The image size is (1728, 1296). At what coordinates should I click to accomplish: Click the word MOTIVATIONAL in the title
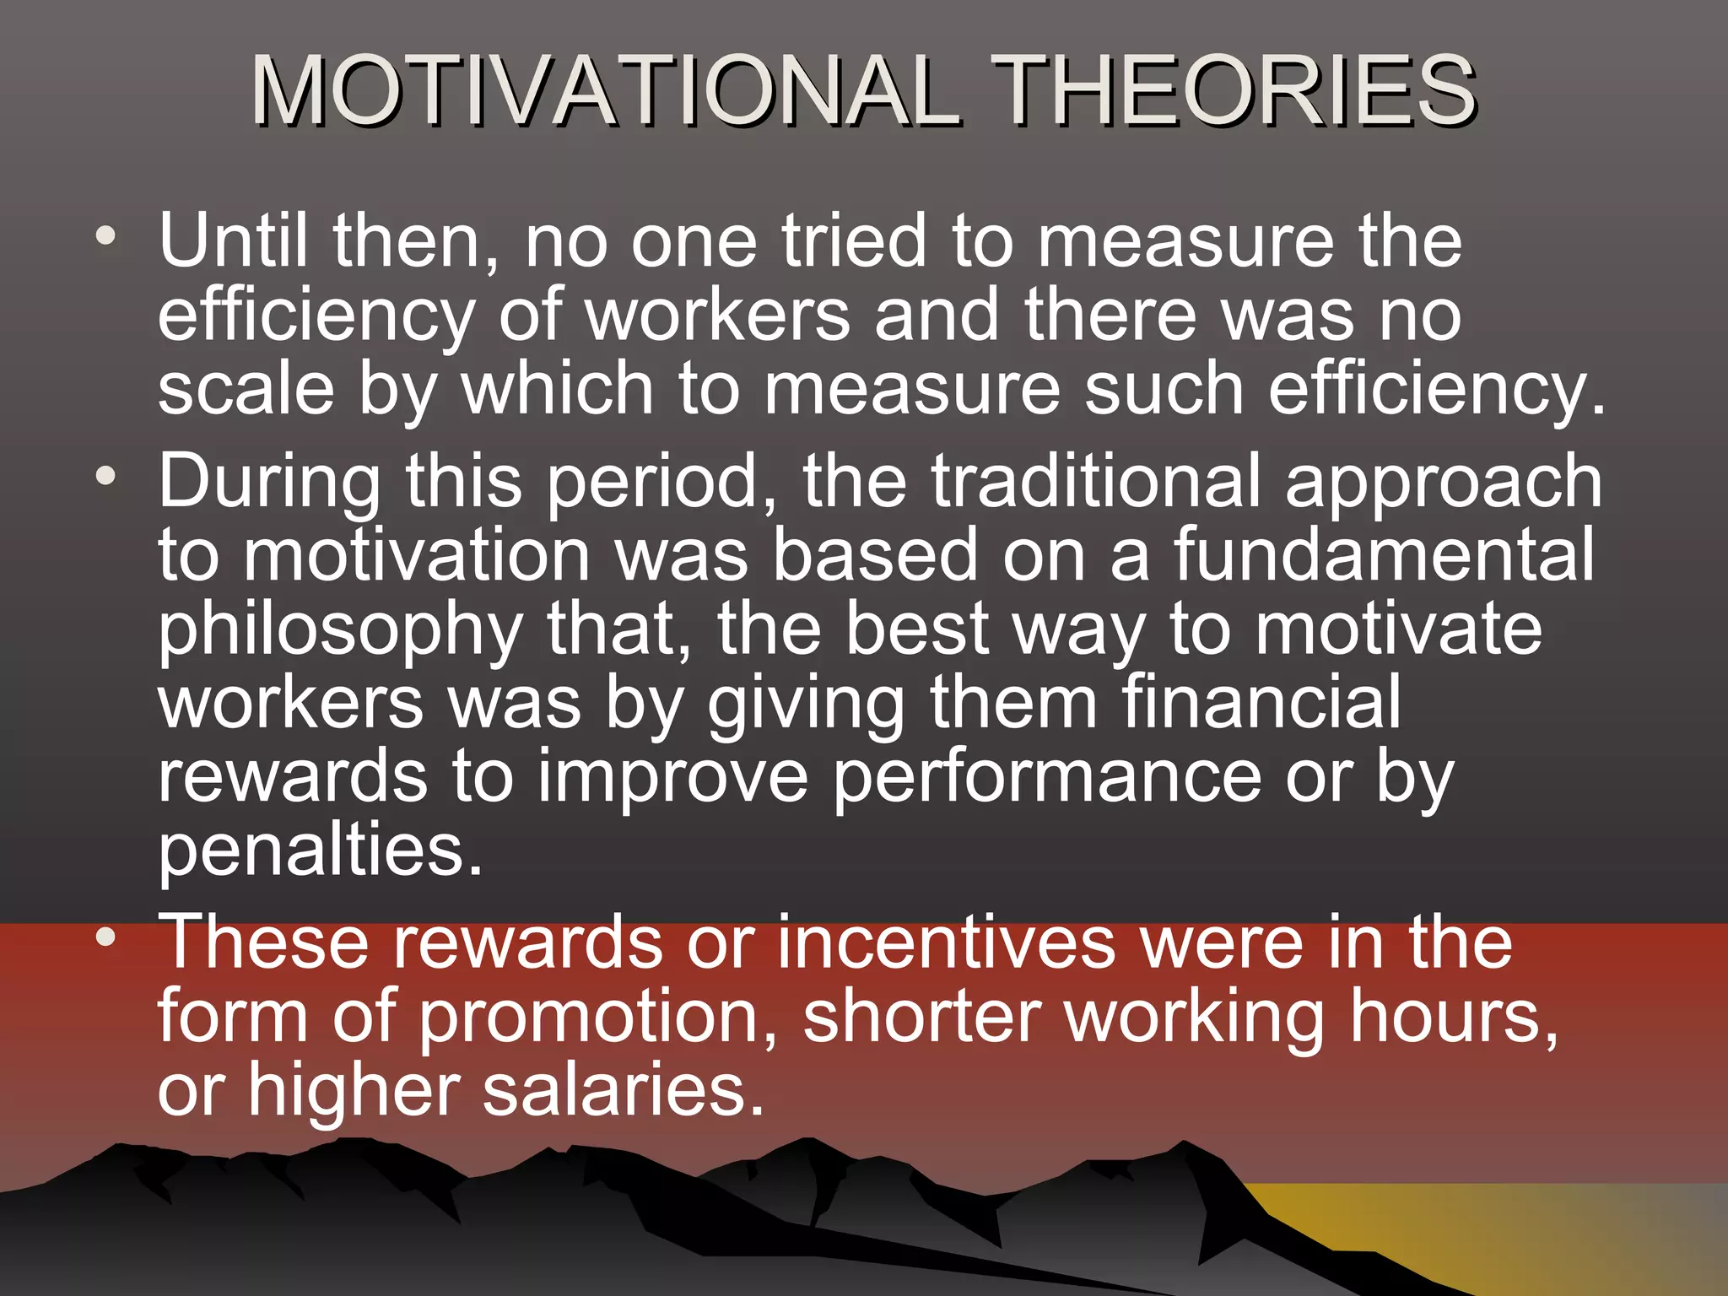tap(606, 90)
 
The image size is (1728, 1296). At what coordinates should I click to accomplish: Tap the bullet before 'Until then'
tap(105, 236)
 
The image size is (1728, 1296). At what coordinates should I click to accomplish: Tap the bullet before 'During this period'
tap(105, 476)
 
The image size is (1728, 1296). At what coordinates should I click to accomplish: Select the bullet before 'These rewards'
tap(105, 937)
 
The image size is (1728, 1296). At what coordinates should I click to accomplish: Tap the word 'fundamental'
tap(1384, 554)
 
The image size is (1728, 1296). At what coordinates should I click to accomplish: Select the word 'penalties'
tap(321, 850)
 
